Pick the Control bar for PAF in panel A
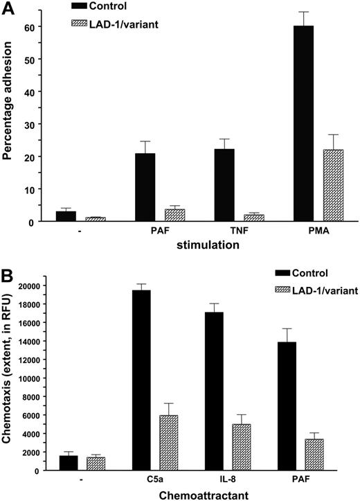tap(145, 187)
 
